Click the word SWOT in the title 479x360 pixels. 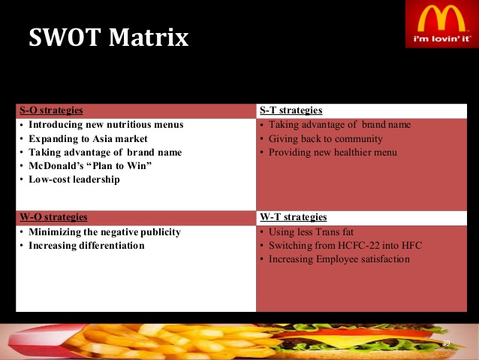(x=65, y=38)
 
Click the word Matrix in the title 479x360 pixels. (x=149, y=38)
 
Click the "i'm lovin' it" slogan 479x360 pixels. (x=441, y=39)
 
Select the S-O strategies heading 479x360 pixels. (x=51, y=110)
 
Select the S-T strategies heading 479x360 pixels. (x=291, y=110)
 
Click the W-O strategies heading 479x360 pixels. (x=53, y=217)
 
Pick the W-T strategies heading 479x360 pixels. (x=294, y=217)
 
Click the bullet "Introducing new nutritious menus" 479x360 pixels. (x=106, y=125)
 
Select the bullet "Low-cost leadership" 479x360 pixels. (x=74, y=179)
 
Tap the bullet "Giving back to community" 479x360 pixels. (x=326, y=139)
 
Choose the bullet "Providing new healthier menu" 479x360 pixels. (x=333, y=153)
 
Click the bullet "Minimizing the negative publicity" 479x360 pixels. (x=105, y=232)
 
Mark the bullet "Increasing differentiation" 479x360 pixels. (x=86, y=246)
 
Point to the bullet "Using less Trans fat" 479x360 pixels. (x=311, y=232)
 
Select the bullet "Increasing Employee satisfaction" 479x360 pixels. (x=339, y=259)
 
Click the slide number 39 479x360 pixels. (x=446, y=343)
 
